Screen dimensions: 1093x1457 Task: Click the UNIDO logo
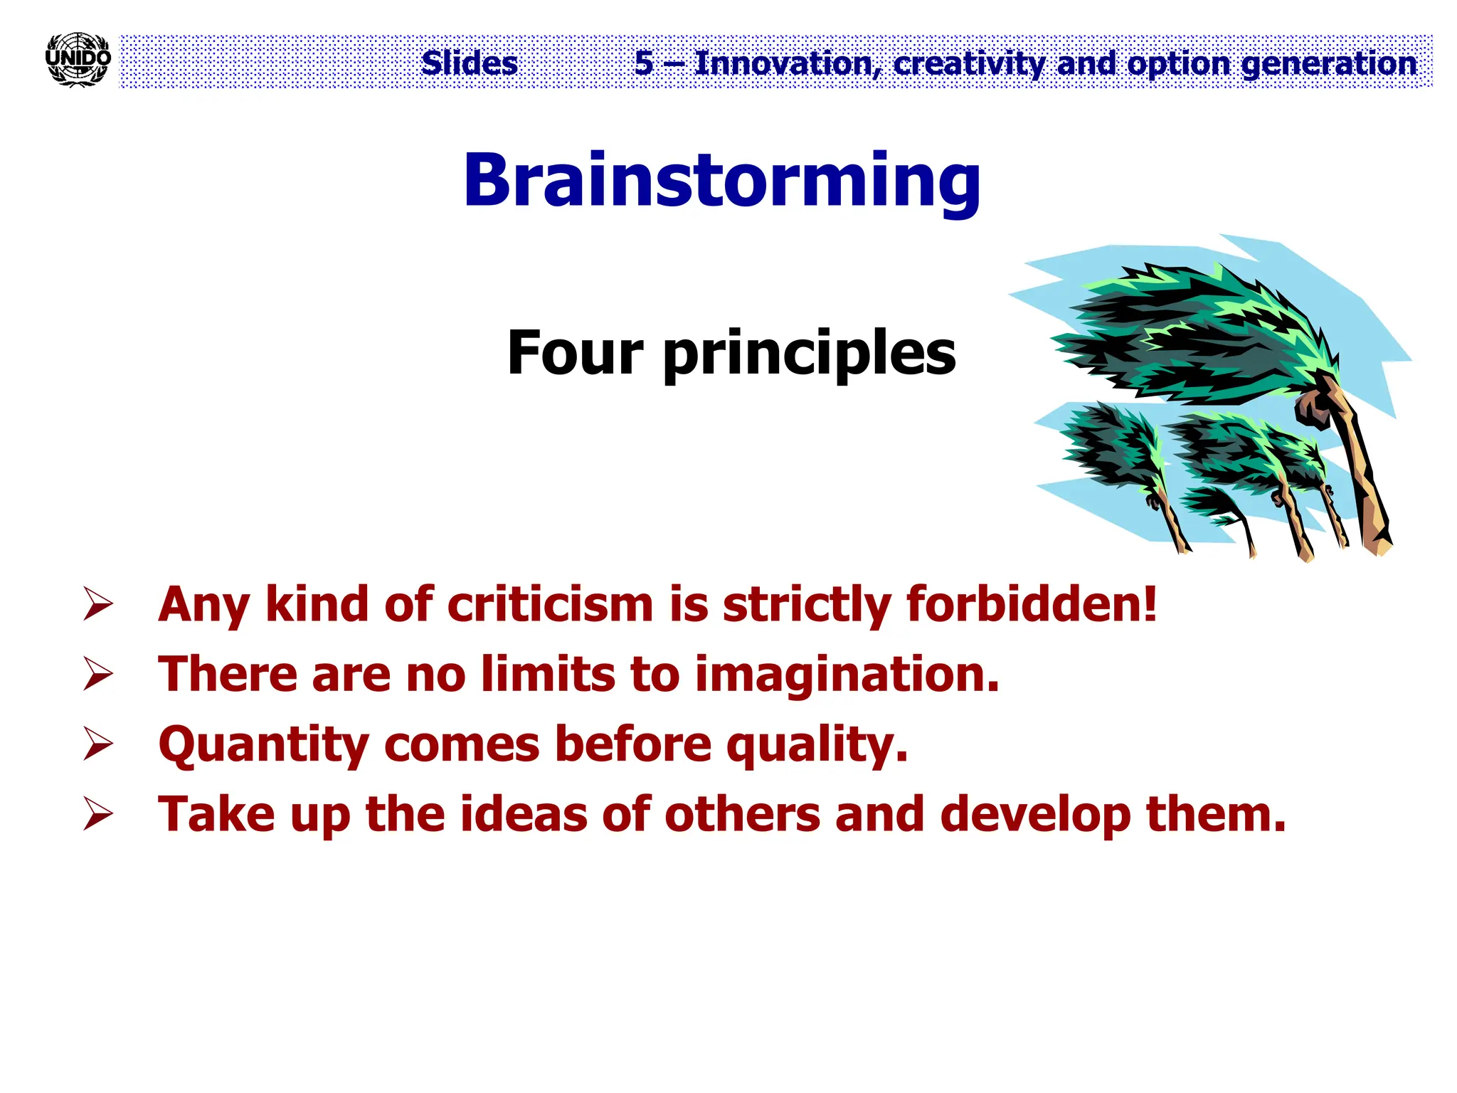point(78,60)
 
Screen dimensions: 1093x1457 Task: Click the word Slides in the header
point(470,63)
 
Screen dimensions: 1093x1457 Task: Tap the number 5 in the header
point(644,63)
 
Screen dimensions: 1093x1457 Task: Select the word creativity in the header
point(969,64)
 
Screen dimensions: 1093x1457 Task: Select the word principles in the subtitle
point(810,354)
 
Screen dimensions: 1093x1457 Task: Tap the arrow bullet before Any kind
point(98,604)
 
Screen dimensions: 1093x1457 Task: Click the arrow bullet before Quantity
point(98,744)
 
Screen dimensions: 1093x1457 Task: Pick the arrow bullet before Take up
point(98,814)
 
